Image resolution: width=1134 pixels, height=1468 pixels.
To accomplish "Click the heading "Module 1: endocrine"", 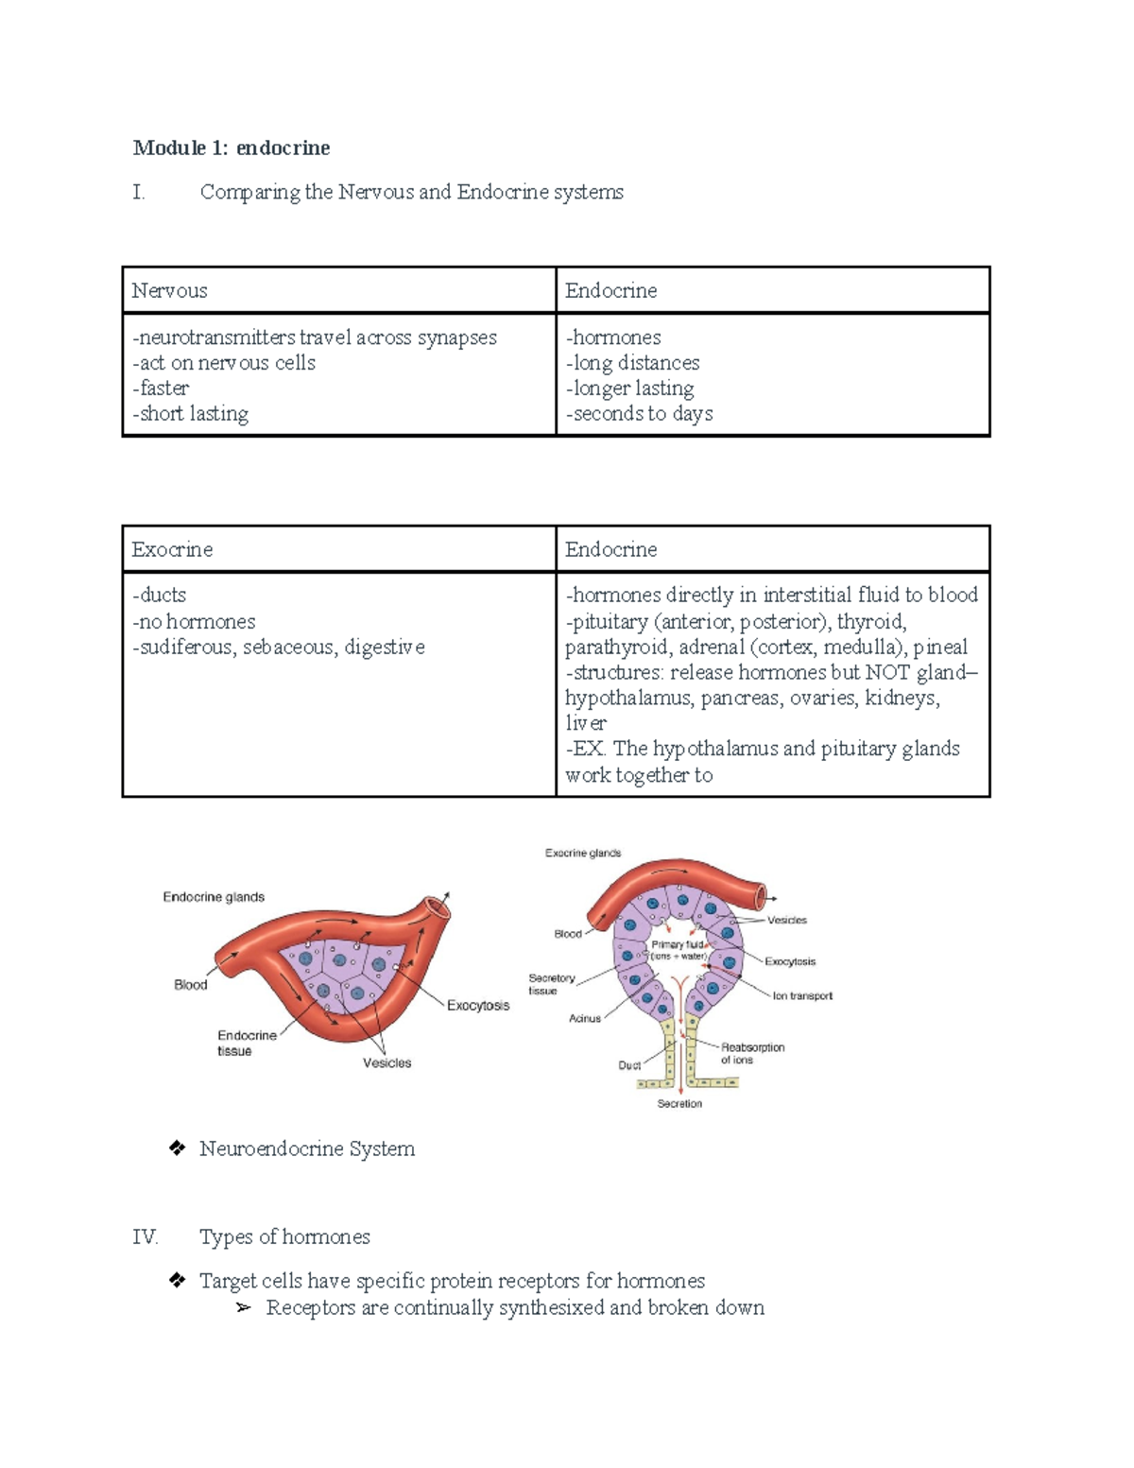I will pyautogui.click(x=232, y=147).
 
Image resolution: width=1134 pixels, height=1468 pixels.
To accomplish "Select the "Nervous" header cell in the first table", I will pyautogui.click(x=170, y=290).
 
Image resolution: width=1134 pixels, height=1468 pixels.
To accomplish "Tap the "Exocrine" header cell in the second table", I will pyautogui.click(x=172, y=549).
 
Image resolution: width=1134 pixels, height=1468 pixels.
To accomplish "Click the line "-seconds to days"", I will pyautogui.click(x=640, y=414).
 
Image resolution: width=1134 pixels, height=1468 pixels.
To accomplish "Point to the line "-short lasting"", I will pyautogui.click(x=192, y=414).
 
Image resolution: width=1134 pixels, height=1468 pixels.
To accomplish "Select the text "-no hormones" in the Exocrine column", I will pyautogui.click(x=195, y=621).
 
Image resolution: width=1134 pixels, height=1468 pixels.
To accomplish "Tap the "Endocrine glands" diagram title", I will pyautogui.click(x=214, y=897).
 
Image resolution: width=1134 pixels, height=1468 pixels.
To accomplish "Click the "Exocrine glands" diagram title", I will pyautogui.click(x=583, y=853).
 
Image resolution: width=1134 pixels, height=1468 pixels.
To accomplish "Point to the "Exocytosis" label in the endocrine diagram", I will pyautogui.click(x=478, y=1005).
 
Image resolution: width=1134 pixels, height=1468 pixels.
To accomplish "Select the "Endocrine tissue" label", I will pyautogui.click(x=247, y=1043).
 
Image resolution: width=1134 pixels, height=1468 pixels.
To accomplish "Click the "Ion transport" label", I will pyautogui.click(x=802, y=995).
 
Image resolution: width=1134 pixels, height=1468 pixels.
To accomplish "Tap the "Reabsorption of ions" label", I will pyautogui.click(x=752, y=1053).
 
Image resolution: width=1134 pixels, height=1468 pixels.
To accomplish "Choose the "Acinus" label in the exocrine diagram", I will pyautogui.click(x=585, y=1018).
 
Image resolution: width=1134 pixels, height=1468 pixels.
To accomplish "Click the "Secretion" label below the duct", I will pyautogui.click(x=679, y=1103).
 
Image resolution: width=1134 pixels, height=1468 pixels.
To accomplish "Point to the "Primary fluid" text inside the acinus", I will pyautogui.click(x=678, y=945).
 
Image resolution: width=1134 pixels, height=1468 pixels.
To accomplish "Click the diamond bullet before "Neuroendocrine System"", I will pyautogui.click(x=177, y=1148).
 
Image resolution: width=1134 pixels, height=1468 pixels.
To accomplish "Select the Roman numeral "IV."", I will pyautogui.click(x=145, y=1237).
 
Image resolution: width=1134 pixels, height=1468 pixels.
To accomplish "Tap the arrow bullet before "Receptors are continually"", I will pyautogui.click(x=244, y=1308).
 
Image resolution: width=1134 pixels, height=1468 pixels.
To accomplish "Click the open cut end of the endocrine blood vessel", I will pyautogui.click(x=438, y=907).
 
